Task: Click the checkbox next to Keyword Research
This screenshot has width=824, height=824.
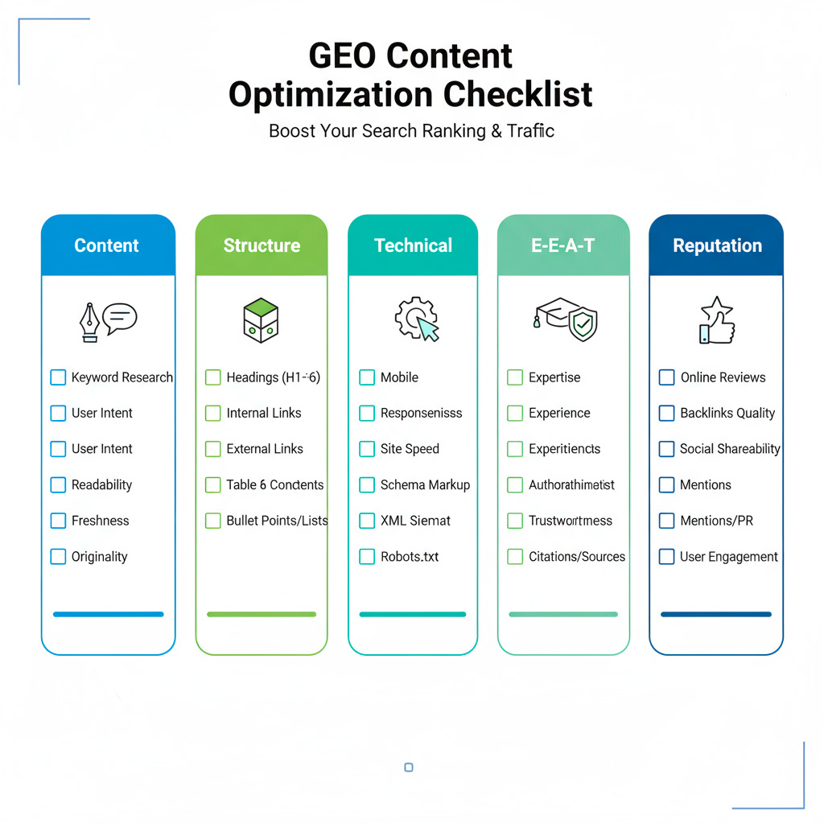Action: tap(58, 377)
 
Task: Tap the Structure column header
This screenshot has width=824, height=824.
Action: tap(262, 245)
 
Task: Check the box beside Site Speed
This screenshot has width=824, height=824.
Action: tap(367, 449)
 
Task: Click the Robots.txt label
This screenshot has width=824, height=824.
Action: tap(410, 557)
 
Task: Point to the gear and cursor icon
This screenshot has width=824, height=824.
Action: tap(416, 319)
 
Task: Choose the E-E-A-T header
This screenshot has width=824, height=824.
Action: tap(562, 245)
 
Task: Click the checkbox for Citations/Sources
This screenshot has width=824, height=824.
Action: tap(515, 557)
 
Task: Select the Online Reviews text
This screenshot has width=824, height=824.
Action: tap(723, 377)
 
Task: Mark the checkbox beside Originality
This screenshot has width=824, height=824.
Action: tap(58, 557)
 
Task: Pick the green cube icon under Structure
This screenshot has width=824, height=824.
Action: tap(261, 320)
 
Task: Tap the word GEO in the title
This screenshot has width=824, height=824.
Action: tap(341, 56)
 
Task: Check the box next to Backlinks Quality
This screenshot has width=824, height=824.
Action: tap(666, 414)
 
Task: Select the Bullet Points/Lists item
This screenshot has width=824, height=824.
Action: tap(277, 521)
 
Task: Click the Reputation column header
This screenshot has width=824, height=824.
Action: tap(717, 245)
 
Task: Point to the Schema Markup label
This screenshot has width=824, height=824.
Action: tap(425, 485)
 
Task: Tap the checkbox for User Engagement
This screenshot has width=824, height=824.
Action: tap(666, 557)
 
